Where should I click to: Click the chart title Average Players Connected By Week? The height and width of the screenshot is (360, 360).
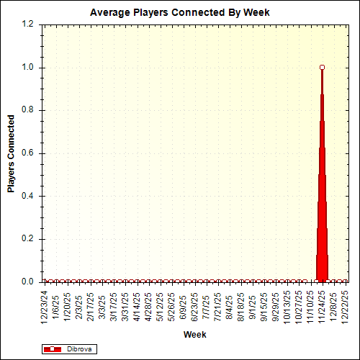(x=179, y=12)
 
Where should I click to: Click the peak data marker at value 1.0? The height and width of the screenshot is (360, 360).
(x=322, y=67)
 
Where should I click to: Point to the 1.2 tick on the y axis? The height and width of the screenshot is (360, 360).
(x=28, y=24)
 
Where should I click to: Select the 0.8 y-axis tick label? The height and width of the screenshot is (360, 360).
(x=28, y=110)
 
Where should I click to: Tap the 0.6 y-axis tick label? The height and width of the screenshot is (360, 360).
(x=28, y=153)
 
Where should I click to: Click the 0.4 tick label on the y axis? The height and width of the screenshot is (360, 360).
(x=28, y=196)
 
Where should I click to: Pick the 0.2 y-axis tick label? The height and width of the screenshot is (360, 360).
(x=28, y=239)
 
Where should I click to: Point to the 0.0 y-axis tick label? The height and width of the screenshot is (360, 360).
(x=28, y=282)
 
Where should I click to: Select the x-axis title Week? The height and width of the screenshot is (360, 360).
(x=194, y=335)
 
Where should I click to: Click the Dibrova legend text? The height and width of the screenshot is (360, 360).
(x=79, y=349)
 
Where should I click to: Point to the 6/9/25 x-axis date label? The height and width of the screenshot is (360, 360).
(x=184, y=307)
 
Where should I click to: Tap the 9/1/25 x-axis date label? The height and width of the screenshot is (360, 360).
(x=253, y=307)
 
